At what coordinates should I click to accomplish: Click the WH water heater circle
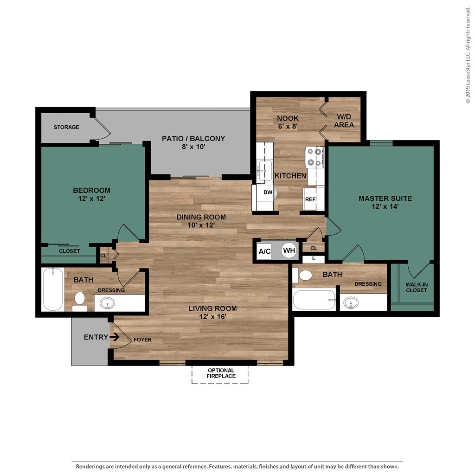point(289,250)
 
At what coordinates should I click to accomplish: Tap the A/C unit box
point(264,251)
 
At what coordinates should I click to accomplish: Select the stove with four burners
point(315,157)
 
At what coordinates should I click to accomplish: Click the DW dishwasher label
point(268,192)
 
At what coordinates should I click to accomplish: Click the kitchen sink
point(264,171)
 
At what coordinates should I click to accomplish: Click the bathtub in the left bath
point(53,289)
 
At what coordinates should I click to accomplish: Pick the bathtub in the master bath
point(315,300)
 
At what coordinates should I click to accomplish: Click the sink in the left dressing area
point(108,303)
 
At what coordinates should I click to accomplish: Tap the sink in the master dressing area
point(351,302)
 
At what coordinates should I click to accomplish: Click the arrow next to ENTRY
point(114,337)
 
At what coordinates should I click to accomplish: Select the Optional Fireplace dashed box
point(220,375)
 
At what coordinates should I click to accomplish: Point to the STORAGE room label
point(66,127)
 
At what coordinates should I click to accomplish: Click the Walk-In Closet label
point(417,287)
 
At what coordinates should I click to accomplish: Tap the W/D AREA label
point(344,121)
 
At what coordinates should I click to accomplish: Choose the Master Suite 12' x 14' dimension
point(385,206)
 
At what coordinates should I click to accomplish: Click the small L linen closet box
point(314,259)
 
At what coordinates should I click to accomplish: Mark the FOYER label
point(142,340)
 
